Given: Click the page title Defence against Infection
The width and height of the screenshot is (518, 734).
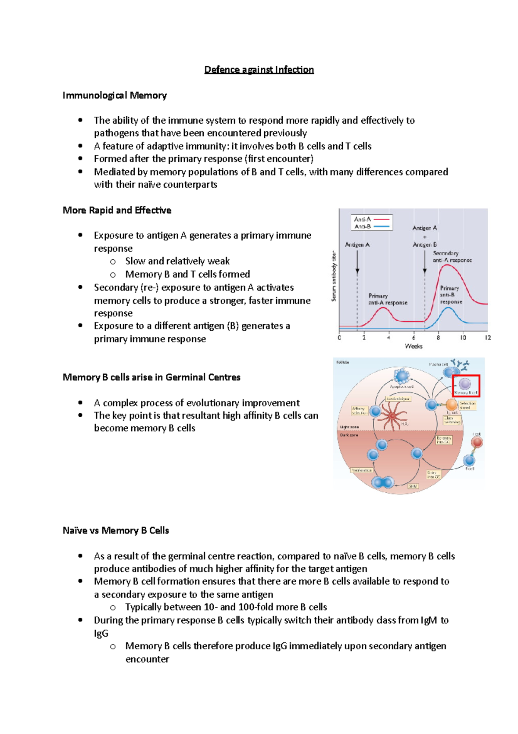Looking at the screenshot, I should [259, 70].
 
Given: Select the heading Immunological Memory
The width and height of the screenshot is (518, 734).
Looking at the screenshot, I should [114, 95].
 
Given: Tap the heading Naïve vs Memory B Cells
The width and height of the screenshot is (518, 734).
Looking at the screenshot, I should [116, 530].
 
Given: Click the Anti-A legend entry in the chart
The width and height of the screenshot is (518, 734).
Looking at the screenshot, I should [371, 219].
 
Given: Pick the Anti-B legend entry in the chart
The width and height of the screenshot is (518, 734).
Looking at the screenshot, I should [371, 226].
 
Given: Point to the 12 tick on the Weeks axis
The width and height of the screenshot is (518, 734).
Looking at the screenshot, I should [488, 338].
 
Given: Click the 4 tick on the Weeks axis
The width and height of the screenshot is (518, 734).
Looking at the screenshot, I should [388, 338].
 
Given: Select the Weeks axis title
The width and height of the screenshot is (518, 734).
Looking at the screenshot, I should [414, 346].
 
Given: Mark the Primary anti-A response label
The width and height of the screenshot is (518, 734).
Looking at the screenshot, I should [387, 299].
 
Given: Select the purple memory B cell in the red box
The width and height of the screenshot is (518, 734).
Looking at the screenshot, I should [465, 384].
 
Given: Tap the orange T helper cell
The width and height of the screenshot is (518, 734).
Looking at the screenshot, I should [452, 405].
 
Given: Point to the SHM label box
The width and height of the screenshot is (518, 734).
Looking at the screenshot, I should [413, 486].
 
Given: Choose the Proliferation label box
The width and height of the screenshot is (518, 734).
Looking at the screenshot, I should [361, 470].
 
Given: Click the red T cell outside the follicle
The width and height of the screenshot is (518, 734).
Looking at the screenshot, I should [477, 442].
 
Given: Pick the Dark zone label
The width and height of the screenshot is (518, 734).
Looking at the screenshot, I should [349, 435].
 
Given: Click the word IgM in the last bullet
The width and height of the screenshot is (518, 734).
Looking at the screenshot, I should [429, 620].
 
